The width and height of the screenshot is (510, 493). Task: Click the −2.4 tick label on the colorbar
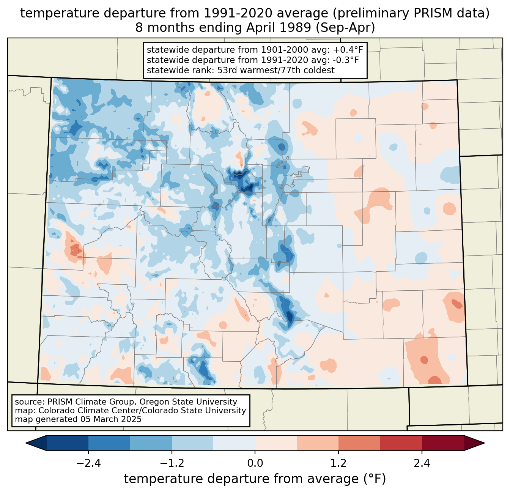(88, 463)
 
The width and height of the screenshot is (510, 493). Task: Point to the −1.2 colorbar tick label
(172, 463)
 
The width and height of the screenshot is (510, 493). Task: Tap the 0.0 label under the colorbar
(255, 463)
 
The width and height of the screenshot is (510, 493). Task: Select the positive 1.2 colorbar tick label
(338, 463)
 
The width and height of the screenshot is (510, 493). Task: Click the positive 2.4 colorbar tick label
(422, 463)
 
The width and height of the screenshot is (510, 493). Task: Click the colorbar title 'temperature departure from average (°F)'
(255, 479)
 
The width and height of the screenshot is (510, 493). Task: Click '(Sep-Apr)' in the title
(345, 28)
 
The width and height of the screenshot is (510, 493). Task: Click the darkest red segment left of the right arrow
(443, 443)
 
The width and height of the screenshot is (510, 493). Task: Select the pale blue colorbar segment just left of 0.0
(234, 443)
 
